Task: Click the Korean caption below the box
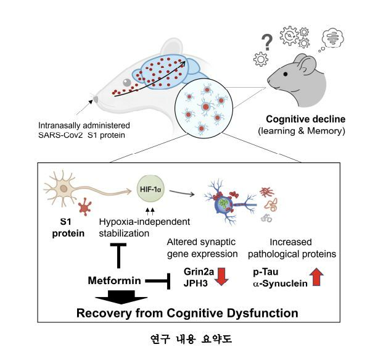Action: pyautogui.click(x=185, y=338)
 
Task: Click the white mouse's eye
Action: pyautogui.click(x=126, y=82)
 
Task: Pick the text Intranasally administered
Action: pyautogui.click(x=78, y=124)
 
